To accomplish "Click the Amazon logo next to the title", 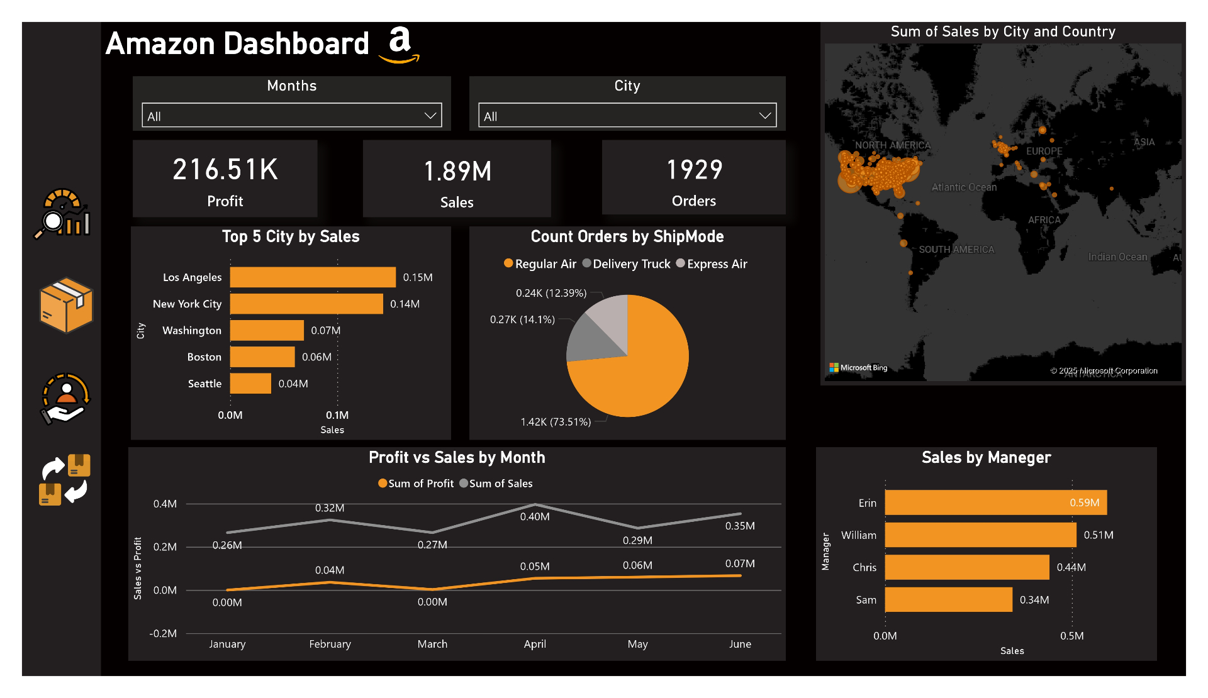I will [400, 44].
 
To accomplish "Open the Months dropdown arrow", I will [430, 116].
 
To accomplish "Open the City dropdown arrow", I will [765, 116].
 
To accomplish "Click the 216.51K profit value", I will [225, 170].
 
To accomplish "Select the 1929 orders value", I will [694, 170].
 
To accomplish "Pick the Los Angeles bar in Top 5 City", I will [313, 277].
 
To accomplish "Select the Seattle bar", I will [250, 384].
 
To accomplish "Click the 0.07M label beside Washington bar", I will [325, 330].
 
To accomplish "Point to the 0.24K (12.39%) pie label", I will [551, 293].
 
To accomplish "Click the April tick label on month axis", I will [535, 644].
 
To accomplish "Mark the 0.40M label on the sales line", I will [535, 517].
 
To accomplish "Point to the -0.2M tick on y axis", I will [163, 633].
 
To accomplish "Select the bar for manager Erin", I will [995, 502].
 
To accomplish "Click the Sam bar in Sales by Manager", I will [948, 600].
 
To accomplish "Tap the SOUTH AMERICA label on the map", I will [956, 250].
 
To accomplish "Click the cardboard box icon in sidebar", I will [66, 305].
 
